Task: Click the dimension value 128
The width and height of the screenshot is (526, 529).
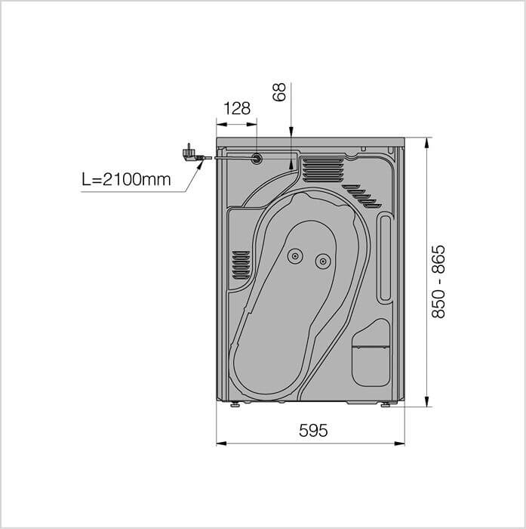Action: click(x=237, y=109)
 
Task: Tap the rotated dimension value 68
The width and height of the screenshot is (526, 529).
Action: click(x=279, y=91)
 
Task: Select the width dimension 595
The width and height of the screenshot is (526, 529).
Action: click(x=313, y=431)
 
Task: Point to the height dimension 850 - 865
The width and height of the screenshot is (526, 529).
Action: click(x=438, y=282)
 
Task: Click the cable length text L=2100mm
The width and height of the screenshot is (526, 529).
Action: click(x=126, y=180)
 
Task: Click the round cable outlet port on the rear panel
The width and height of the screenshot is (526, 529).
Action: click(x=257, y=158)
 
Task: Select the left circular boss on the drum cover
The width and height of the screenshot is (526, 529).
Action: click(x=295, y=256)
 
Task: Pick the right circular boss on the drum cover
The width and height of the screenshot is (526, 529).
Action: click(x=323, y=261)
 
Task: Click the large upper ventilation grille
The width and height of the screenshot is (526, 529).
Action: click(x=323, y=170)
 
